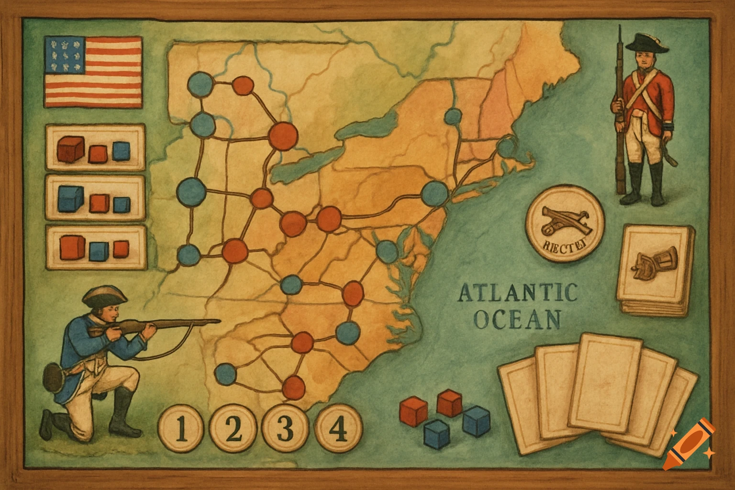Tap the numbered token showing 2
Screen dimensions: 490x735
[234, 429]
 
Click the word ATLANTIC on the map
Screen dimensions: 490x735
[517, 293]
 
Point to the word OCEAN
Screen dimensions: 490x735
[517, 320]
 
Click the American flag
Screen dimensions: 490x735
[93, 72]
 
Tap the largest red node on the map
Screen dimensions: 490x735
[283, 135]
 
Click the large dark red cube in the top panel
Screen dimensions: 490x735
[71, 148]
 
